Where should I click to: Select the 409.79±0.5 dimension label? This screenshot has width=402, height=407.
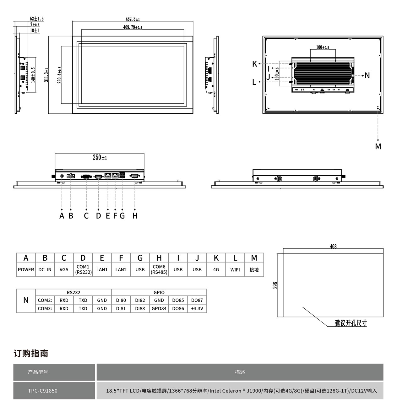(x=133, y=27)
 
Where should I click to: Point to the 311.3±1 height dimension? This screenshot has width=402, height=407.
(x=46, y=75)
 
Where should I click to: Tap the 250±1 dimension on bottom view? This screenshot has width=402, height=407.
(x=100, y=157)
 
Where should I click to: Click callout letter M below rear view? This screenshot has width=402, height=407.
(x=378, y=147)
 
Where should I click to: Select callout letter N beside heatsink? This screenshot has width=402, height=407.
(x=367, y=75)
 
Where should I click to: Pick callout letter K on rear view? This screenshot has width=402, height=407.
(x=255, y=64)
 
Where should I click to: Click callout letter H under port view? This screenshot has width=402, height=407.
(x=135, y=216)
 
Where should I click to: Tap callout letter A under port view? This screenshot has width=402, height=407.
(x=62, y=216)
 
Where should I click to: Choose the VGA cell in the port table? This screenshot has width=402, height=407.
(x=64, y=269)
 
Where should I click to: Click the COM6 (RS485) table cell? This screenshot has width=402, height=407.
(x=159, y=269)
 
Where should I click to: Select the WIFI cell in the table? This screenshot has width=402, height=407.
(x=235, y=269)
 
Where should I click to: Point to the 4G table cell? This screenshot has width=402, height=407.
(x=216, y=269)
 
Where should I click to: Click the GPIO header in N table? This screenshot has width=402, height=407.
(x=159, y=292)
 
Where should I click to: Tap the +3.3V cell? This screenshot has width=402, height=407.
(x=197, y=308)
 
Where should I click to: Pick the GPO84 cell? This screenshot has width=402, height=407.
(x=159, y=308)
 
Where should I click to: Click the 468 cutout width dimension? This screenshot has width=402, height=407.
(x=333, y=247)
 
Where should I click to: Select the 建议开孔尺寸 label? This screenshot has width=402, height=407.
(x=350, y=323)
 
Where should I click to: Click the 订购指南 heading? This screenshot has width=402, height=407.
(x=31, y=353)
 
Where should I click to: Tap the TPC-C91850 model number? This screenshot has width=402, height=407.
(x=43, y=391)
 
